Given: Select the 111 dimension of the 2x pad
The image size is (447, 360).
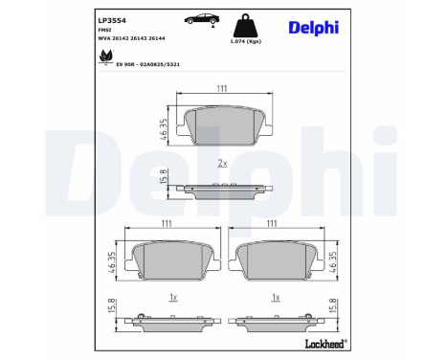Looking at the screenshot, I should point(221,89).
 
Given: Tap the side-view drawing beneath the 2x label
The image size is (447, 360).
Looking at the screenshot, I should point(222,189).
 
